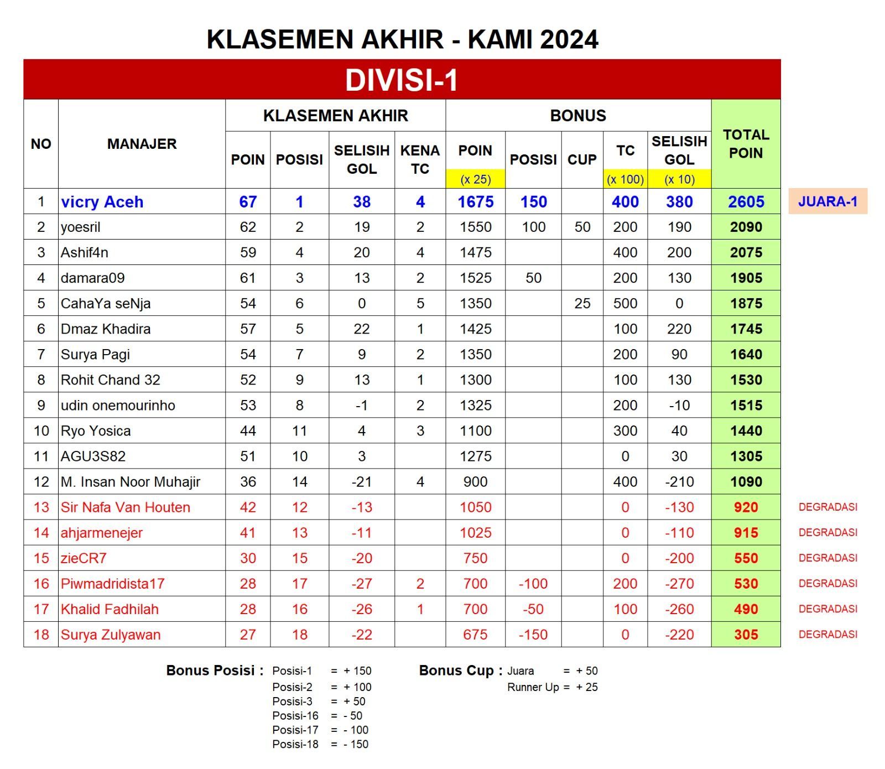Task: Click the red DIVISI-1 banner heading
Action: tap(402, 80)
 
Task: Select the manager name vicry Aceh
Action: tap(102, 202)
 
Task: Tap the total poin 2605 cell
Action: tap(746, 202)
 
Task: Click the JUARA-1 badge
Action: tap(827, 201)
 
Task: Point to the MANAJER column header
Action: tap(142, 144)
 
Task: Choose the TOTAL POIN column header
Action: tap(746, 144)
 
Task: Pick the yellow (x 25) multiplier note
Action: tap(475, 179)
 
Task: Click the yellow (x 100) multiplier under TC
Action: tap(625, 179)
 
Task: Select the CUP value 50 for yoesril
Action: tap(582, 227)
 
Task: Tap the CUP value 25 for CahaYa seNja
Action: tap(582, 304)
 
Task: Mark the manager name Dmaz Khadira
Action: tap(106, 329)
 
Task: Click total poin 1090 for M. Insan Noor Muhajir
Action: tap(746, 482)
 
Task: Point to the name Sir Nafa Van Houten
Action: tap(126, 507)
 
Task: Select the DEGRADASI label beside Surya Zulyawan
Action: tap(827, 635)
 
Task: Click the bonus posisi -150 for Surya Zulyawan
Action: tap(533, 635)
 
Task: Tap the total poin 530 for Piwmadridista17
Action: tap(746, 584)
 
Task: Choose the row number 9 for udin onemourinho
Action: tap(41, 406)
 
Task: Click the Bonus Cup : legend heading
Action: tap(461, 671)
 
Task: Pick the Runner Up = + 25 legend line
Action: tap(552, 687)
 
